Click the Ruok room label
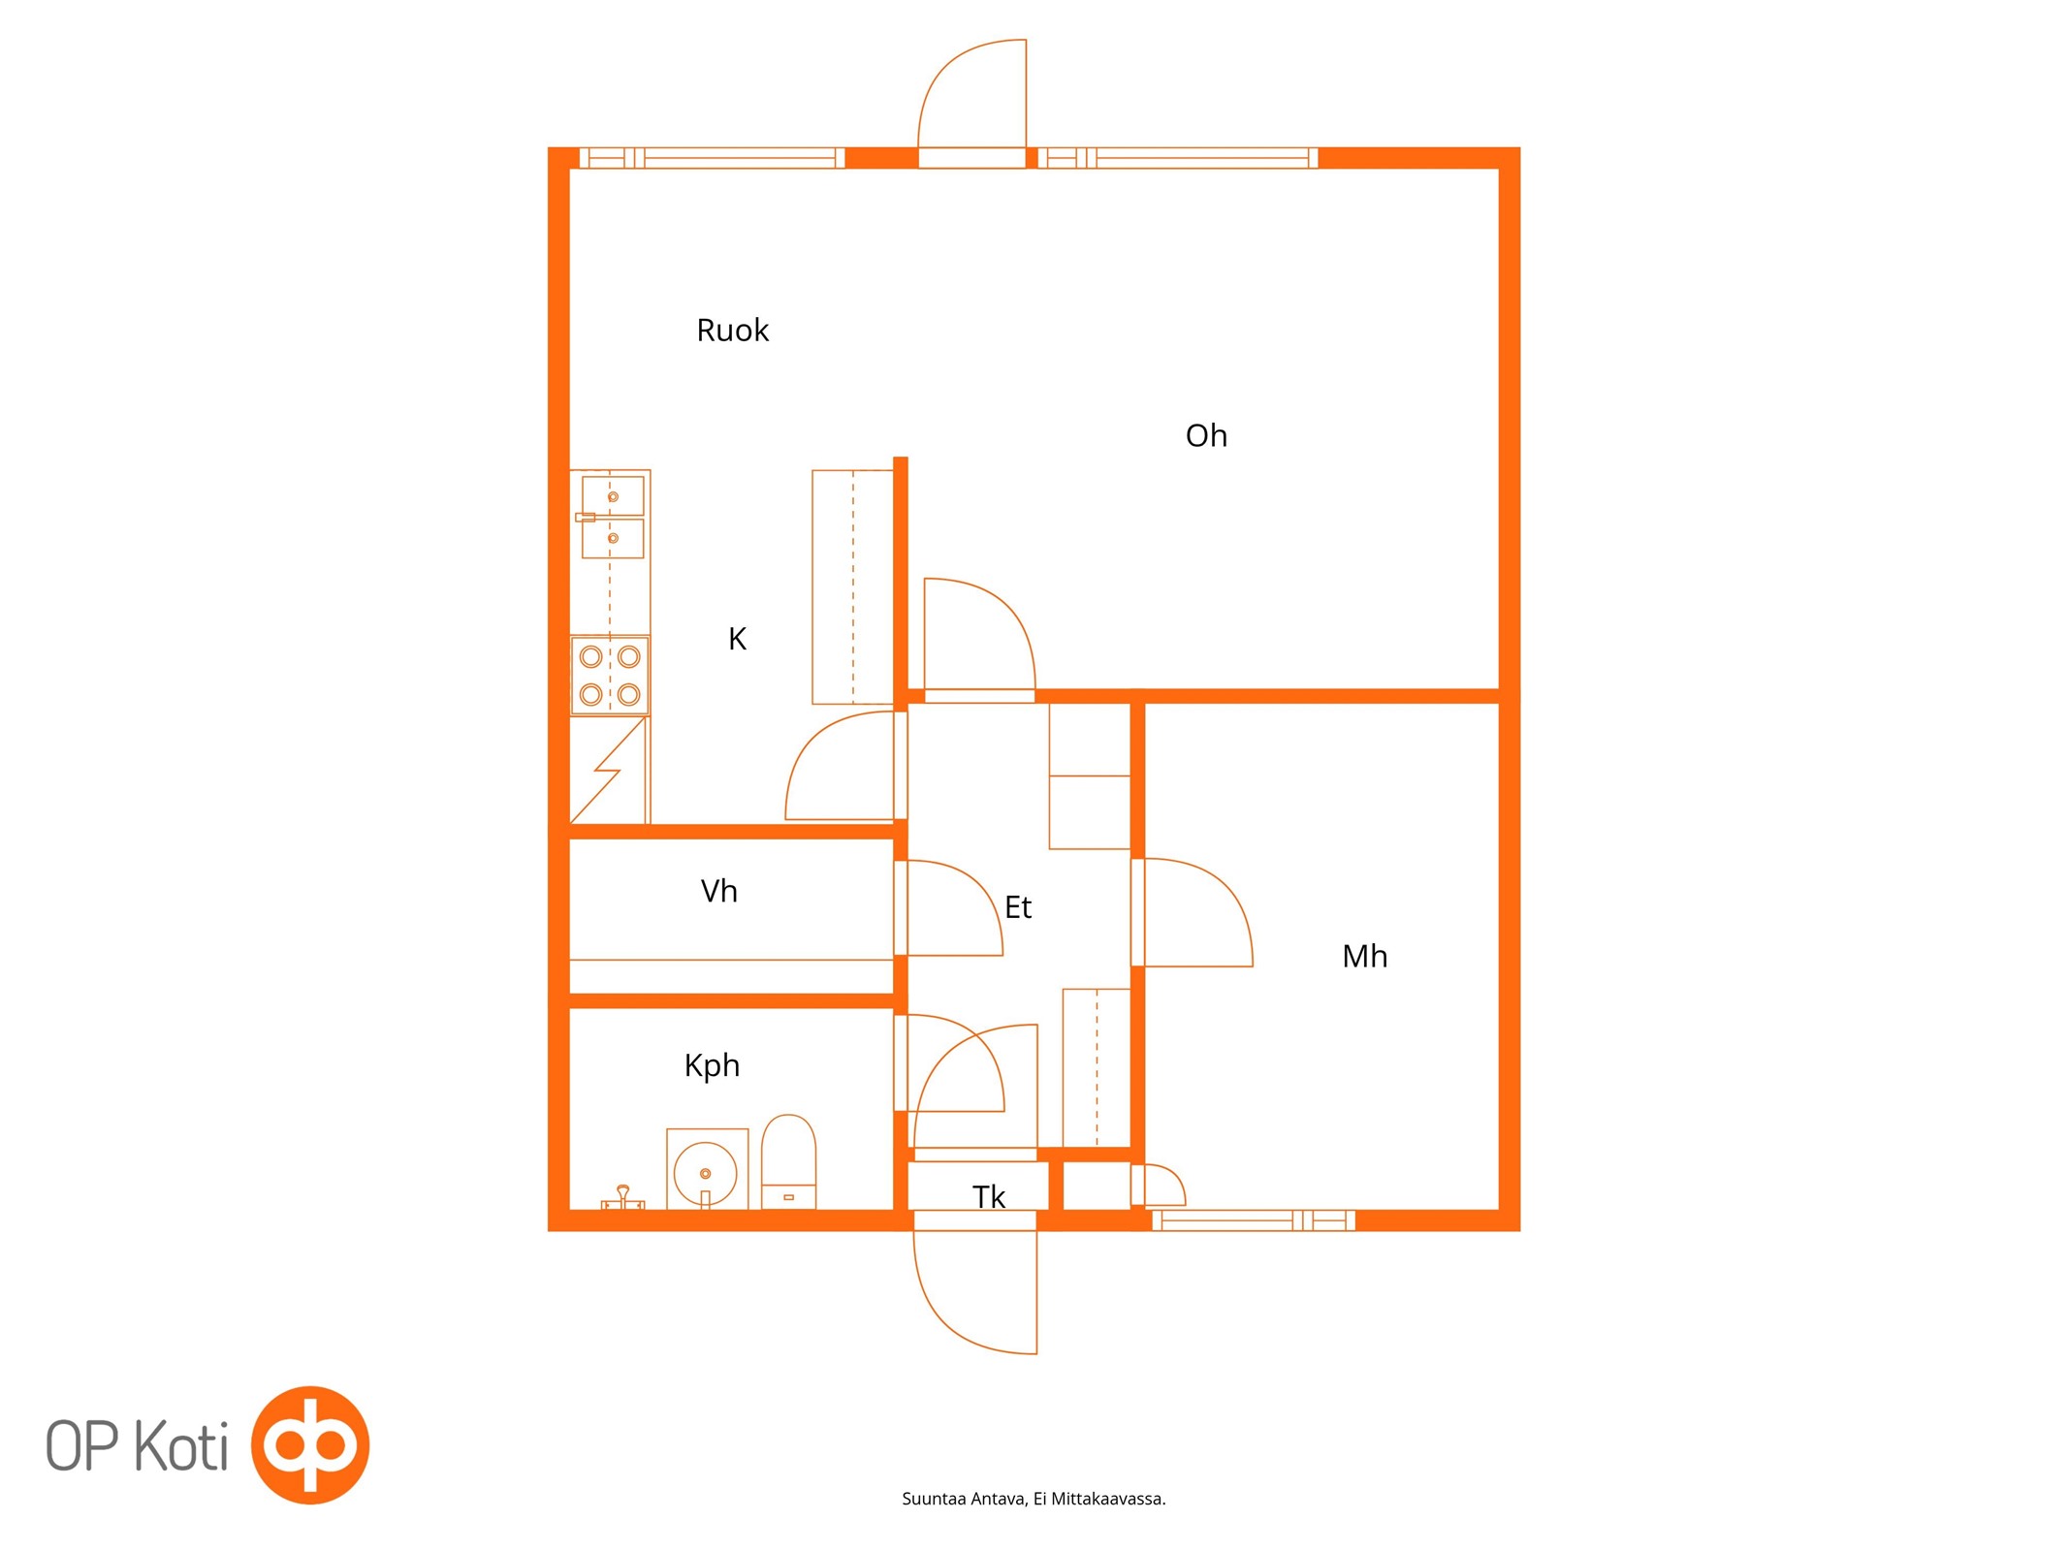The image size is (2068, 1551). click(732, 331)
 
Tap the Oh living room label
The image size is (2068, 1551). click(1206, 436)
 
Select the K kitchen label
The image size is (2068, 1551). click(737, 639)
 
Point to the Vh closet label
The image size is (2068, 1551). click(718, 891)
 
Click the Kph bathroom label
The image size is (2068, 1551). click(712, 1066)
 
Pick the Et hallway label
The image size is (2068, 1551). click(1018, 907)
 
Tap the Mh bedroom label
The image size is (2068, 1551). click(1364, 957)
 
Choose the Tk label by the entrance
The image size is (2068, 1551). click(989, 1197)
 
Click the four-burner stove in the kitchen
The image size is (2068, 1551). click(610, 676)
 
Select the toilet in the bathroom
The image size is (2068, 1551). click(788, 1161)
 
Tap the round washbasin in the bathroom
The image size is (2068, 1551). click(706, 1172)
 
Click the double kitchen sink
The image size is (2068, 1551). click(612, 517)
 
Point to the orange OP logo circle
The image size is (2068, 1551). click(310, 1444)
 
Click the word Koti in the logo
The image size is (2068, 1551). click(181, 1445)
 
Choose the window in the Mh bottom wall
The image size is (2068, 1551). click(1254, 1220)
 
